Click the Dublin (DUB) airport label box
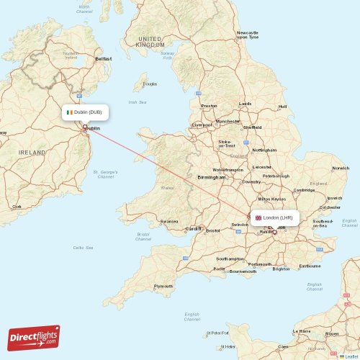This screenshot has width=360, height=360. [x=85, y=113]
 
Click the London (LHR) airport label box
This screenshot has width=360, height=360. [x=274, y=217]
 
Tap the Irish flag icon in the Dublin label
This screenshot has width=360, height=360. [x=69, y=113]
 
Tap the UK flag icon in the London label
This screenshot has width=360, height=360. [x=258, y=217]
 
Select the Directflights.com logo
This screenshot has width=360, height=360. [x=34, y=337]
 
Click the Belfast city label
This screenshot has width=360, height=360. [x=104, y=58]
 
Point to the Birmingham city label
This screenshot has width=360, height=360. [x=211, y=176]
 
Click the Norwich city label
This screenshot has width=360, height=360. [x=340, y=168]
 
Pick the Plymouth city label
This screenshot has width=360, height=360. [x=163, y=286]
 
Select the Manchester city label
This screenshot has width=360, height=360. [x=228, y=122]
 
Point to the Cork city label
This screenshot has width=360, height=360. [x=17, y=206]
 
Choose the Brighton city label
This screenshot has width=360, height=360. [x=281, y=269]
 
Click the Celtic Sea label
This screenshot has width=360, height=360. [x=83, y=248]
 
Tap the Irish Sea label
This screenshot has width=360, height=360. [x=137, y=102]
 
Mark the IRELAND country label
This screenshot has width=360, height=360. [x=32, y=153]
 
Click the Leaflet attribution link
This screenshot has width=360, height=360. [x=349, y=356]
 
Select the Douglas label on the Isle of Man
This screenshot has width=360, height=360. [x=150, y=84]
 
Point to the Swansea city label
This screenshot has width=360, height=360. [x=169, y=221]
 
